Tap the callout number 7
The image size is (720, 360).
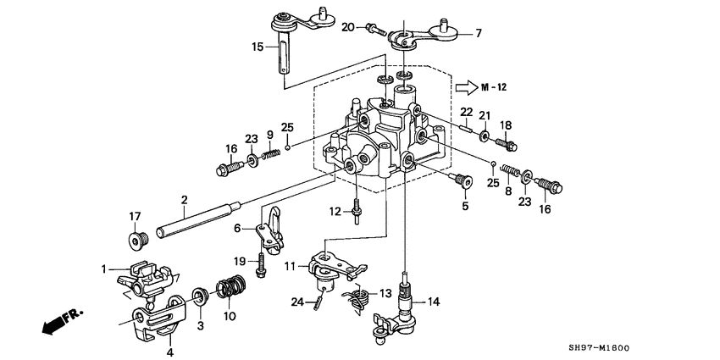pos(477,33)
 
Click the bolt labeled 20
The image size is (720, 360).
pos(374,30)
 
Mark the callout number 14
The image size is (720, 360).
pos(434,301)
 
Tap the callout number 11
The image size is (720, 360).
pos(290,266)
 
